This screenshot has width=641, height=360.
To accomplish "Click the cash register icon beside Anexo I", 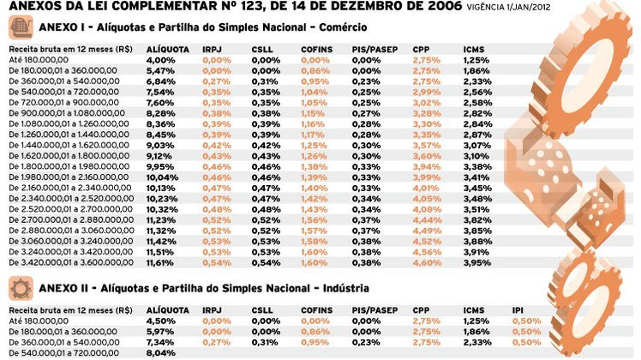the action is tap(21, 27).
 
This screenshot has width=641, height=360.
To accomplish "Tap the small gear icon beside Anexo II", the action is tap(21, 288).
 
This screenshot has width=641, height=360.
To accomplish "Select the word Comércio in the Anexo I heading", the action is tap(343, 27).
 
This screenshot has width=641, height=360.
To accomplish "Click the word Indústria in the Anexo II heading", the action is tap(346, 288).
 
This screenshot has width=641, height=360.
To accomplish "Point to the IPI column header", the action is tap(518, 310).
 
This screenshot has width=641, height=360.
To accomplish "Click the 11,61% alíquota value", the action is tap(160, 263).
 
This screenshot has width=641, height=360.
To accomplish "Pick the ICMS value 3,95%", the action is tap(477, 263).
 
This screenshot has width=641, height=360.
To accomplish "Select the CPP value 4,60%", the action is tap(427, 263).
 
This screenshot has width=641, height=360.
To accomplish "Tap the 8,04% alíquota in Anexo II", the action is tap(160, 353).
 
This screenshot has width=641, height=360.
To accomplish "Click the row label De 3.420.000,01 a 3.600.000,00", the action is tap(71, 262).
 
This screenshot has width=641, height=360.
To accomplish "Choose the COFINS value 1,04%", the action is tap(315, 92).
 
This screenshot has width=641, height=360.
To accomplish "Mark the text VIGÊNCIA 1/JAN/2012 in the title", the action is tap(508, 8).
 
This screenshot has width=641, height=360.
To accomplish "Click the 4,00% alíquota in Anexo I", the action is tap(160, 60).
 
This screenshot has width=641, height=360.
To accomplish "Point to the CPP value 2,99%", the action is tap(427, 92).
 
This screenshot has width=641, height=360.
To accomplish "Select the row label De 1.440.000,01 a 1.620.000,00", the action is tap(69, 145).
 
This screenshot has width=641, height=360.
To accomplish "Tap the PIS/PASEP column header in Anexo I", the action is tap(374, 50).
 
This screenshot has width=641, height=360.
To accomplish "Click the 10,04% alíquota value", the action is tap(162, 177).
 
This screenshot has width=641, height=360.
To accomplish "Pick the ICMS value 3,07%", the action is tap(477, 146).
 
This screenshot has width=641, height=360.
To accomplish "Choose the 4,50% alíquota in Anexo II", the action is tap(160, 321).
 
